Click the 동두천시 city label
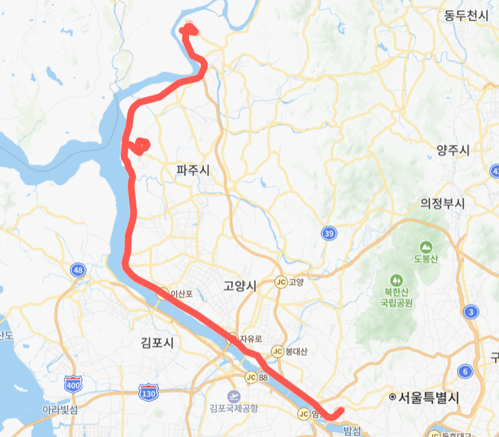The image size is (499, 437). [466, 16]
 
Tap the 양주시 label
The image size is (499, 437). [453, 151]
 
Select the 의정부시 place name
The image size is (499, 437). [444, 203]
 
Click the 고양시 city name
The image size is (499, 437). [240, 286]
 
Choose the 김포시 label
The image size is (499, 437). [157, 342]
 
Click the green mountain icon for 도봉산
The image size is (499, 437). [426, 247]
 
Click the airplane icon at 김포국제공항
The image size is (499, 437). [234, 396]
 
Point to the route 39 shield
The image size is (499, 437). [329, 234]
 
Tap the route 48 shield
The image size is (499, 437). [78, 270]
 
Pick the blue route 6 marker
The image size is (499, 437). [465, 371]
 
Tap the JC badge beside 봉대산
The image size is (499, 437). [276, 351]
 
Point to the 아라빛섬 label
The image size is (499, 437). [60, 410]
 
